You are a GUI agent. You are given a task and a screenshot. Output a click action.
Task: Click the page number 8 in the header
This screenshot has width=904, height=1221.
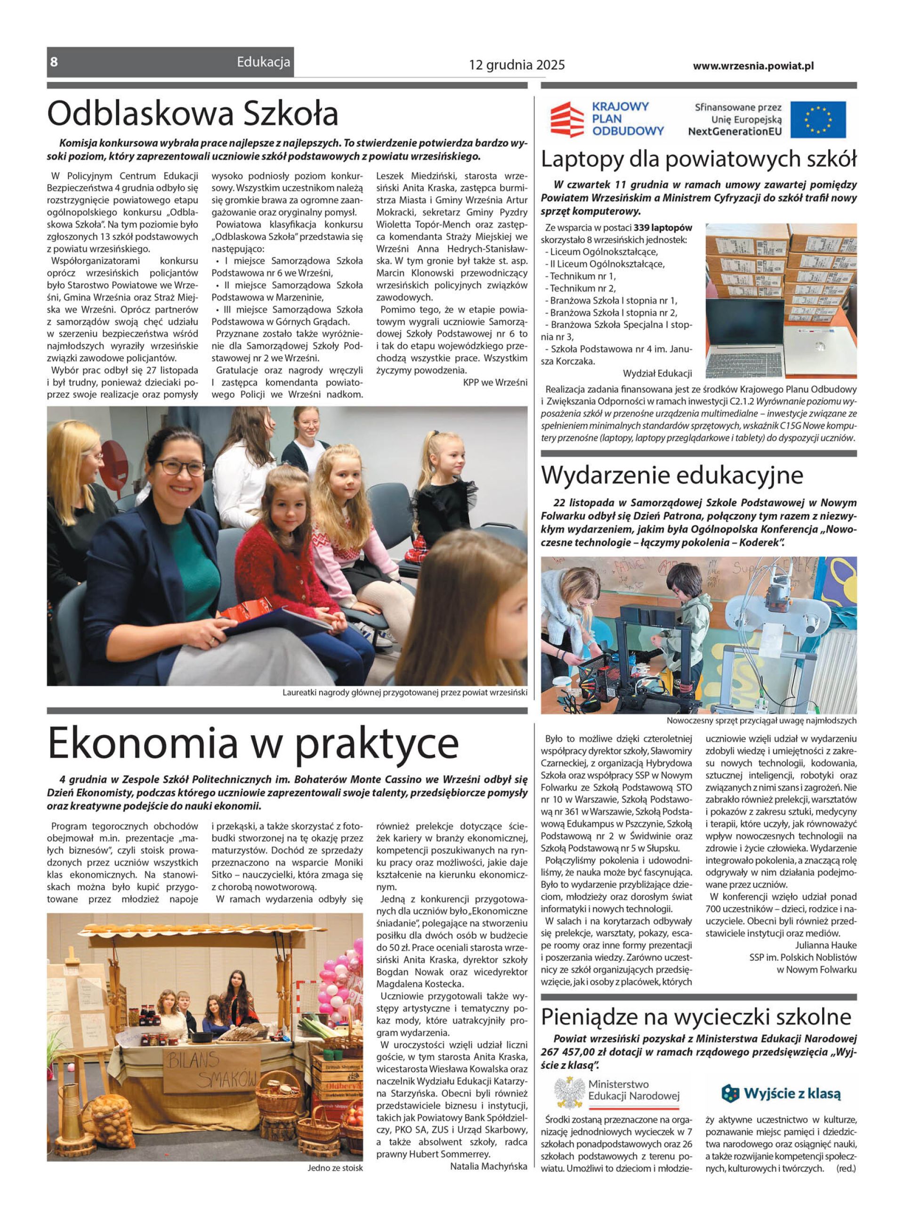54,62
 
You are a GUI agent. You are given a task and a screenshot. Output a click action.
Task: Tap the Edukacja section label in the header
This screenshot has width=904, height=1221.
263,62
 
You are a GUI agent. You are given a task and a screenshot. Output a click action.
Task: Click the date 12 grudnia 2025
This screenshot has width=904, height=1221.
517,66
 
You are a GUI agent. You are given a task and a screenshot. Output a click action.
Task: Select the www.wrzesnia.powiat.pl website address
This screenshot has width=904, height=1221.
753,66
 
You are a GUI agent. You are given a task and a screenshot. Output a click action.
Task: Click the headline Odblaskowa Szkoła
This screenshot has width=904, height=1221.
193,114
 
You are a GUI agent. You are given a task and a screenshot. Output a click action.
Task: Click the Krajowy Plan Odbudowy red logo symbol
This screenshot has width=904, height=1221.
567,119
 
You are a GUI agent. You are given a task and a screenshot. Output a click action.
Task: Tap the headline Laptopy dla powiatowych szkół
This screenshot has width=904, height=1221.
698,159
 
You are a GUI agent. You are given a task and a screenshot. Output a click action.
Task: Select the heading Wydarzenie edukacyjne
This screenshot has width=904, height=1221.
672,475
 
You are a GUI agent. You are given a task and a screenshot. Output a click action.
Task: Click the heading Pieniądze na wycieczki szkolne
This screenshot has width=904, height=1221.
696,1017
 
